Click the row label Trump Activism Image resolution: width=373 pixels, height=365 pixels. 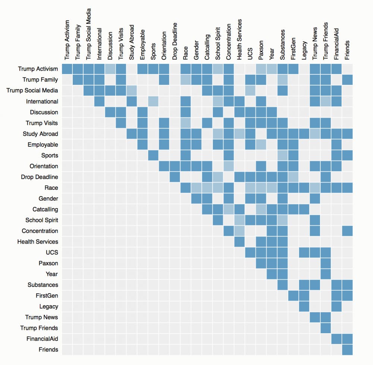(x=38, y=69)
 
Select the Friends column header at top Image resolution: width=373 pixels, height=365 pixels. (x=348, y=50)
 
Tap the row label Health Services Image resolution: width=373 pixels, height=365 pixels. (x=38, y=242)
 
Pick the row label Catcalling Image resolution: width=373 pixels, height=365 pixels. (x=43, y=209)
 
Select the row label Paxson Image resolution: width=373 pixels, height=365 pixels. (x=48, y=263)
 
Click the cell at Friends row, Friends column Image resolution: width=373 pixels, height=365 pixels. (x=348, y=350)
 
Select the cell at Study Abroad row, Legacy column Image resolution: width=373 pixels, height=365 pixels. (x=304, y=134)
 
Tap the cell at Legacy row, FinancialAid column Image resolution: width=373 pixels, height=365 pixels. (x=337, y=306)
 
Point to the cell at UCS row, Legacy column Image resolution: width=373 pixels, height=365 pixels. (x=304, y=253)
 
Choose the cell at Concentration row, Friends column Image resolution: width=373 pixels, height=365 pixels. (x=348, y=231)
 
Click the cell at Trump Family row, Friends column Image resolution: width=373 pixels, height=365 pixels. (x=348, y=80)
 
